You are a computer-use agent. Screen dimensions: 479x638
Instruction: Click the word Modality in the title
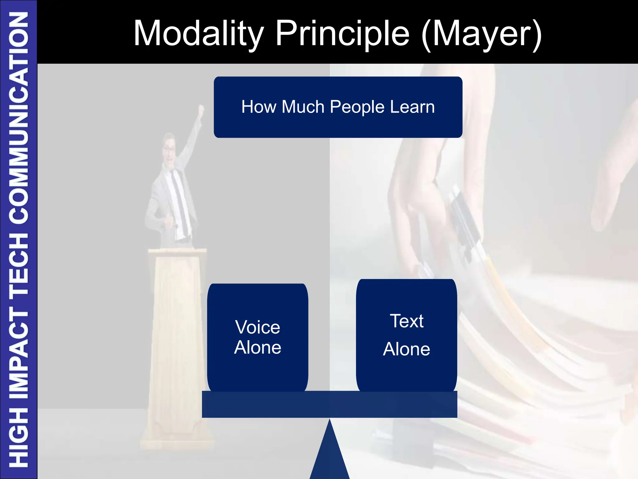point(198,34)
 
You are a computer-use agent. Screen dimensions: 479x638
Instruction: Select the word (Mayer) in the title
point(482,34)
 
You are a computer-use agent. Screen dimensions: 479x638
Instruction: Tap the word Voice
point(258,327)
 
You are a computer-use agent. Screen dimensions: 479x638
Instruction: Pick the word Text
point(407,321)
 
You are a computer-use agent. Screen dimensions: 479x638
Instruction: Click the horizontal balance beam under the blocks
point(329,404)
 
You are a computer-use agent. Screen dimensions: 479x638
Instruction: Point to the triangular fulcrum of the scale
point(330,455)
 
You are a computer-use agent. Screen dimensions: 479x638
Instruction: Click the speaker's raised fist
point(201,109)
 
